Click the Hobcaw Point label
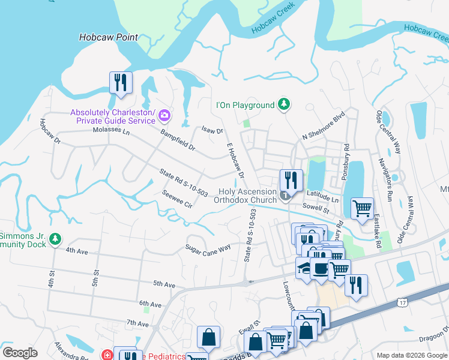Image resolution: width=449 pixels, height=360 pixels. [x=108, y=37]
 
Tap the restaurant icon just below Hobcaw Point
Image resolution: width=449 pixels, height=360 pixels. [x=121, y=83]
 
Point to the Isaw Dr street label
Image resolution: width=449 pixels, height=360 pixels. [x=212, y=130]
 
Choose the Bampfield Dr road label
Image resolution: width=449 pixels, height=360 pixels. [x=177, y=138]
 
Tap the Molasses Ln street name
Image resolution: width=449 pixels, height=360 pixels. [x=110, y=130]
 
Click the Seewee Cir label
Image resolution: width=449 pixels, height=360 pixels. [x=176, y=199]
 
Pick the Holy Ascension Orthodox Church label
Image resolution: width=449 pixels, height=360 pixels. [x=247, y=196]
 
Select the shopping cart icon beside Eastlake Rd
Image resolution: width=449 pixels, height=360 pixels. [x=362, y=209]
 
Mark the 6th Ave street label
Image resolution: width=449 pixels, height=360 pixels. [x=150, y=305]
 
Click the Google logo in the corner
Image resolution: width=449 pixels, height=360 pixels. [x=20, y=353]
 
